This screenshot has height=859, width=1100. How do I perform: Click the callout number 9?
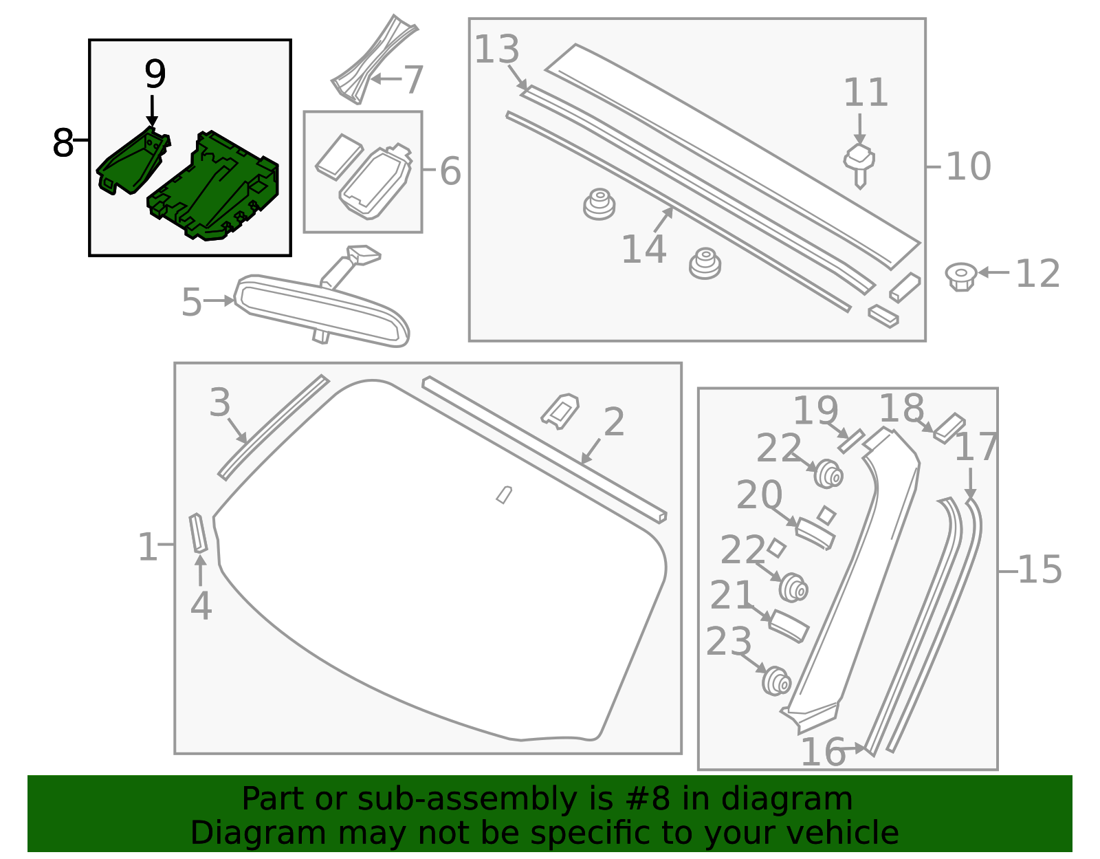(155, 74)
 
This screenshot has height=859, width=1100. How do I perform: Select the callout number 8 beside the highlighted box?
(63, 144)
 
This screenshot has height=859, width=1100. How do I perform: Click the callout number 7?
(413, 80)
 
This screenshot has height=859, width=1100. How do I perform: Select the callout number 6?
(450, 171)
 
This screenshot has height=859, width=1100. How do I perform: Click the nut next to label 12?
(960, 275)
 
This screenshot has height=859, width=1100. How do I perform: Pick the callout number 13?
(497, 50)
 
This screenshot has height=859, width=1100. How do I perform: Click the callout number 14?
(643, 249)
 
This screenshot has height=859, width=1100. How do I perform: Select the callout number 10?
(968, 166)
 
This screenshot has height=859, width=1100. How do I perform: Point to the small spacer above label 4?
(198, 533)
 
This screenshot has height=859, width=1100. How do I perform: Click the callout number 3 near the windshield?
(220, 402)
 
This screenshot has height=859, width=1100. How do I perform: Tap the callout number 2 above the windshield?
(613, 422)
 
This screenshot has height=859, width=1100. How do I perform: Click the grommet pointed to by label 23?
(777, 680)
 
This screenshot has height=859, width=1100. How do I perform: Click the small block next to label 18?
(949, 426)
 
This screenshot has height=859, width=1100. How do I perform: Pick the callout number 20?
(759, 494)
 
